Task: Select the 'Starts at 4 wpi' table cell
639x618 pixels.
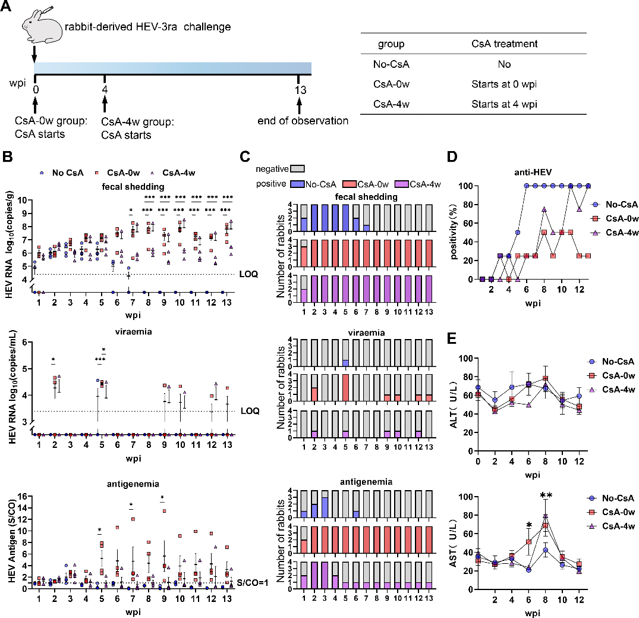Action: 502,104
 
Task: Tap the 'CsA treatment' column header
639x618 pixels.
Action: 502,44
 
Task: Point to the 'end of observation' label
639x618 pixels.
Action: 303,121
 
